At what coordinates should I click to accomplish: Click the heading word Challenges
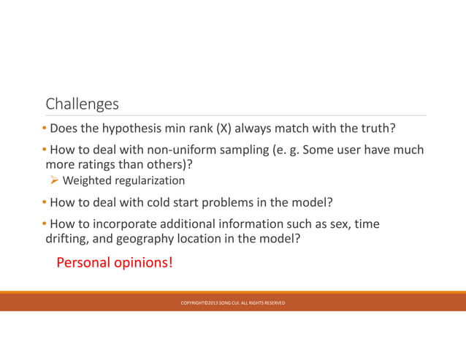tap(82, 104)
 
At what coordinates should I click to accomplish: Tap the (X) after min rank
tap(219, 129)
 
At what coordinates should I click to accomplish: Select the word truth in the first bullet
tap(375, 129)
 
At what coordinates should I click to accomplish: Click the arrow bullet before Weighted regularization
tap(55, 180)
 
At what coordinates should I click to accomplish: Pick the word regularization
tap(149, 180)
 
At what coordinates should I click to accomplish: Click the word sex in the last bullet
tap(340, 224)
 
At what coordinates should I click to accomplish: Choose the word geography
tap(145, 238)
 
